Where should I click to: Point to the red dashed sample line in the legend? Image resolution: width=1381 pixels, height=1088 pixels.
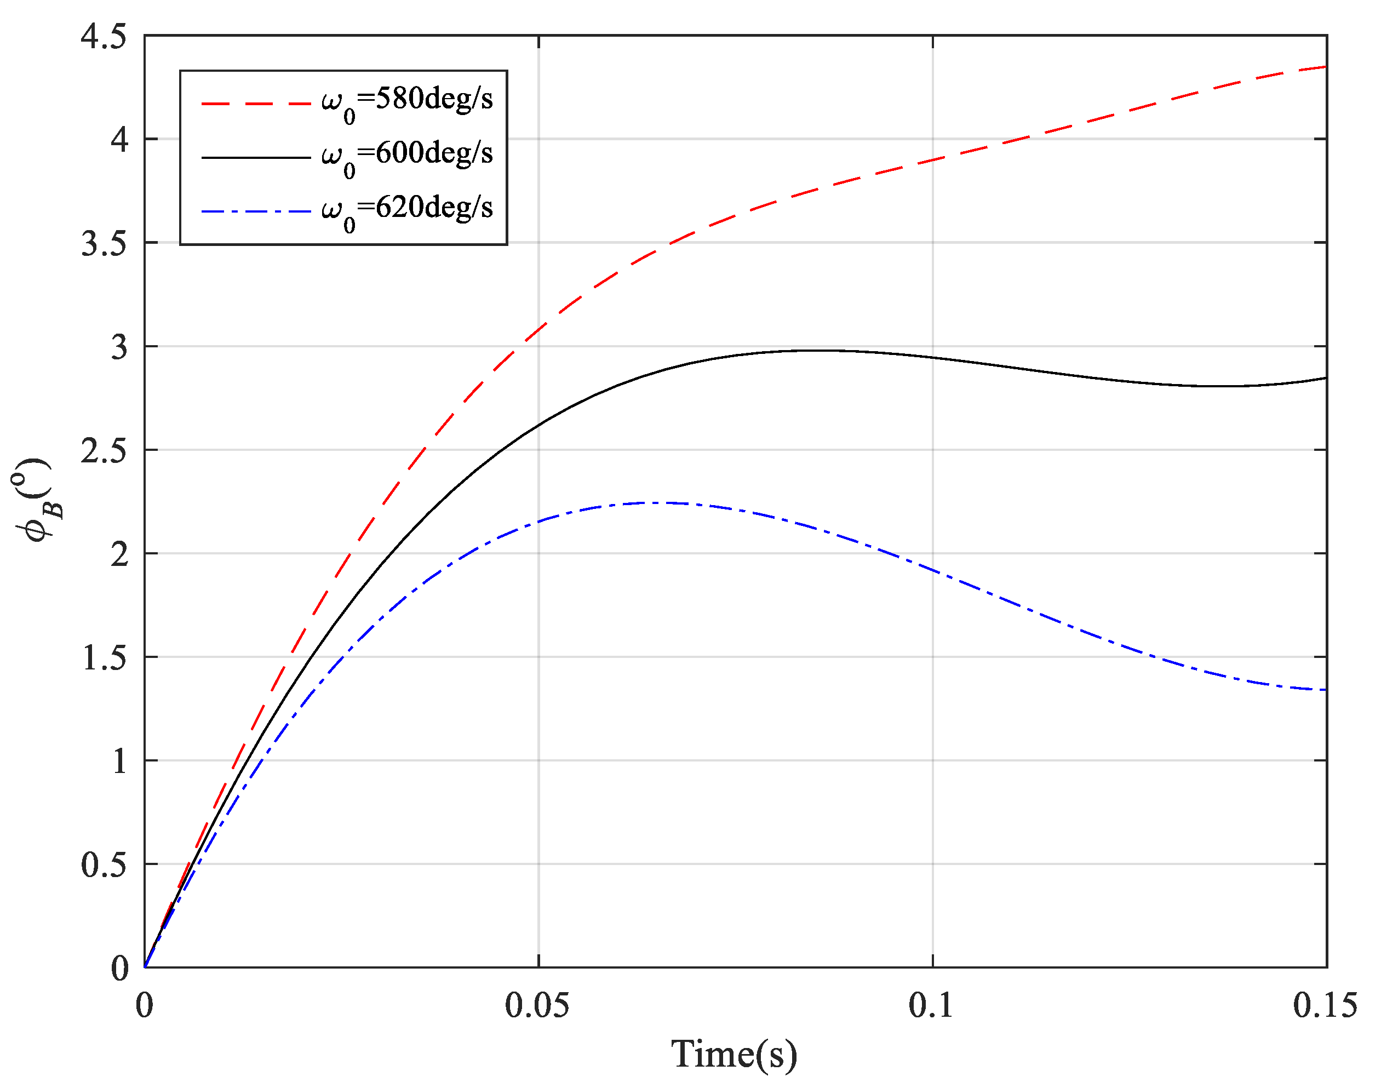coord(255,102)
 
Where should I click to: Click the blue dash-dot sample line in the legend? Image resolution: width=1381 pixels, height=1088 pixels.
coord(255,211)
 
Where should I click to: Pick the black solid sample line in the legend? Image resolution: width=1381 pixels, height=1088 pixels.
coord(255,157)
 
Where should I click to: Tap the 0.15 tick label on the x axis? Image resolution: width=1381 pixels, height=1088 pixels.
coord(1325,1005)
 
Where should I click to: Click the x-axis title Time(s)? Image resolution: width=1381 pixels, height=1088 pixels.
coord(734,1054)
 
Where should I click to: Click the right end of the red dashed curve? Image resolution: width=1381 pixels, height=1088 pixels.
coord(1326,66)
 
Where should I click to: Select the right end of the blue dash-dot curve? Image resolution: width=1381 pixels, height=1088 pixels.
coord(1326,690)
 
